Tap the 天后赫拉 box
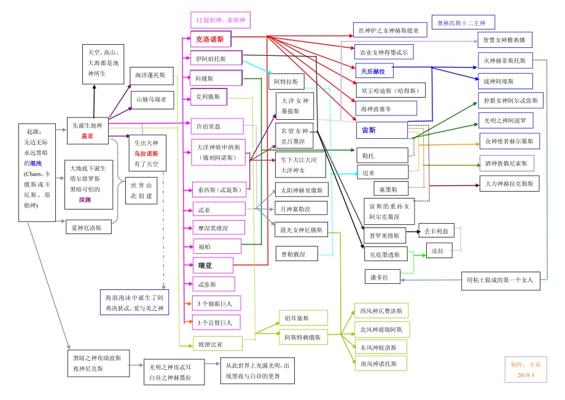tap(373, 71)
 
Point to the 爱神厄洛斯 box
tap(91, 227)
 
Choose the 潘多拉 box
tap(380, 277)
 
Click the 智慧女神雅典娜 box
tap(504, 40)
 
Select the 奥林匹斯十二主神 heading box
tap(461, 23)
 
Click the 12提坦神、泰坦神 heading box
tap(220, 20)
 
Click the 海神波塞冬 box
tap(385, 108)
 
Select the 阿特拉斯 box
tap(286, 81)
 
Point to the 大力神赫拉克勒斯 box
tap(508, 183)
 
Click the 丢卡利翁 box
tap(437, 232)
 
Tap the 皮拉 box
tap(437, 250)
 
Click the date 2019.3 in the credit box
tap(526, 375)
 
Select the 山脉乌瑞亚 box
tap(151, 99)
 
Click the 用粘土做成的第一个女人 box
tap(501, 280)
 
